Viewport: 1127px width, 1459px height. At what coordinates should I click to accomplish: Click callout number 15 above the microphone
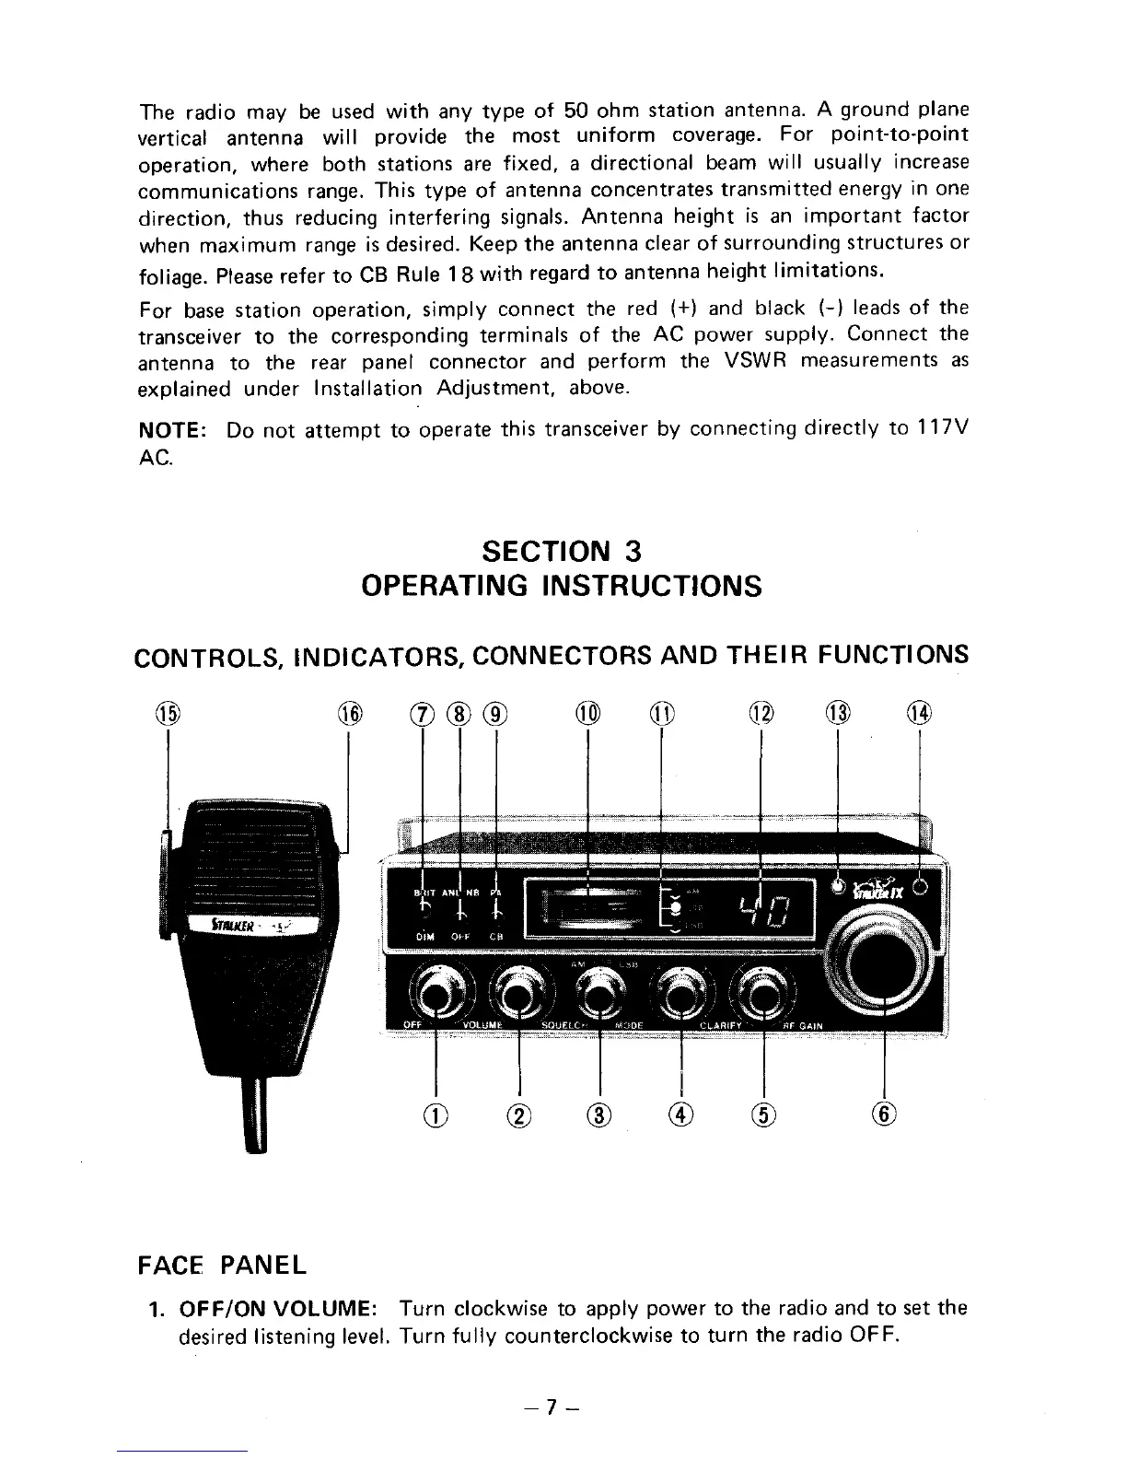[168, 713]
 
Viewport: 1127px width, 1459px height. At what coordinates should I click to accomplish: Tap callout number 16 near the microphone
[350, 714]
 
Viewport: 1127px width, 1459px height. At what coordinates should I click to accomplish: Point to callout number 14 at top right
[920, 714]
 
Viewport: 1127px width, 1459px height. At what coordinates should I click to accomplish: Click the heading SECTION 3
[562, 551]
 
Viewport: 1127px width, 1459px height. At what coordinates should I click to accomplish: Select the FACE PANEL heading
[221, 1264]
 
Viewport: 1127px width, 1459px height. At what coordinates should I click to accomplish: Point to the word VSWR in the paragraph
[753, 361]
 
